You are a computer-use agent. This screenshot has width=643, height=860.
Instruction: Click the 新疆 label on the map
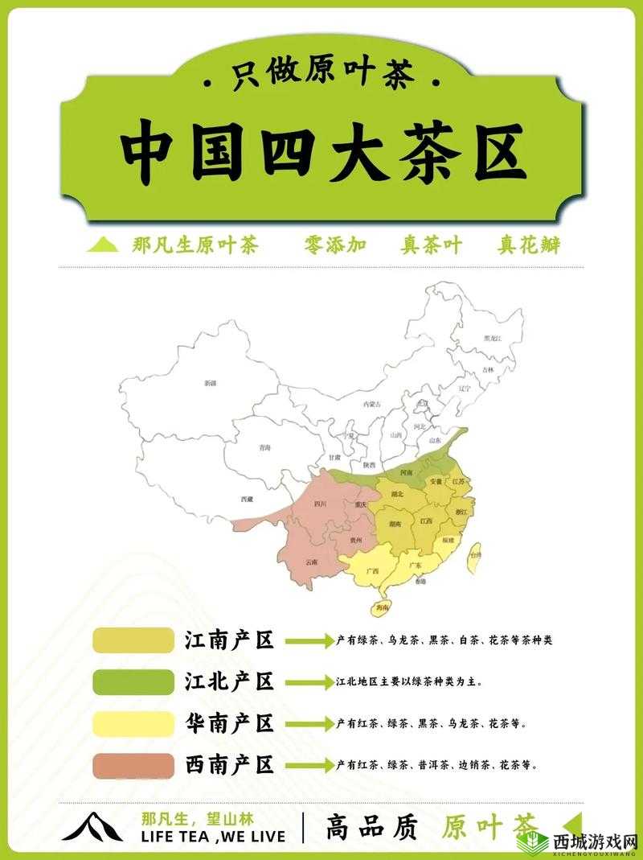(211, 384)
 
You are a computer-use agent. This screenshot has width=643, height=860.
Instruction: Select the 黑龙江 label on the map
(492, 339)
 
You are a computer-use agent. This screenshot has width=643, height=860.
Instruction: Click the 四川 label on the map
(320, 504)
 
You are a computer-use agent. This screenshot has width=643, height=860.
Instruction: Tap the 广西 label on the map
(372, 570)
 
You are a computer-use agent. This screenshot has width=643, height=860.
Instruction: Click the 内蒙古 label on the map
(371, 403)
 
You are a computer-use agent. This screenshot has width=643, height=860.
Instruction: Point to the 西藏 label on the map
(247, 499)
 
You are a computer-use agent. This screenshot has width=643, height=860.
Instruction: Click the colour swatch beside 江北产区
(133, 681)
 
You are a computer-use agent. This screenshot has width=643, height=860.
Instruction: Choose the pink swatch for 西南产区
(133, 764)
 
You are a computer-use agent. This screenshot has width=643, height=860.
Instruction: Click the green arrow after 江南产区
(309, 641)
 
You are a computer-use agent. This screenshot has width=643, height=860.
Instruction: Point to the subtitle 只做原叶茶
(321, 77)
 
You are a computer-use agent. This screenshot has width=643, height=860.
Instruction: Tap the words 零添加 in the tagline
(335, 245)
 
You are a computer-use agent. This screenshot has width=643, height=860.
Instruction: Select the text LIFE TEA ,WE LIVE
(211, 836)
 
